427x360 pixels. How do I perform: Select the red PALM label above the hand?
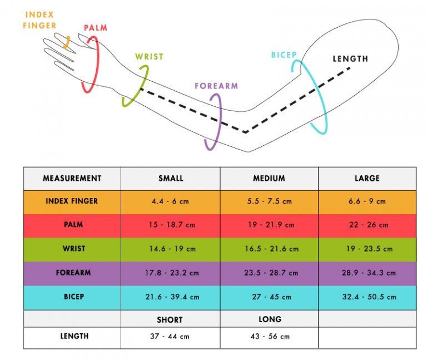click(x=95, y=28)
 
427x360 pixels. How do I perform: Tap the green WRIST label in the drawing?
click(x=149, y=57)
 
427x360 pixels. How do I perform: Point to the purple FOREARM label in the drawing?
click(x=216, y=86)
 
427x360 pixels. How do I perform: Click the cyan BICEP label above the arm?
click(x=284, y=55)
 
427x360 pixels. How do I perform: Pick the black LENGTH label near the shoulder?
click(x=350, y=59)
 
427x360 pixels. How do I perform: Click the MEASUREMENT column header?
click(x=72, y=179)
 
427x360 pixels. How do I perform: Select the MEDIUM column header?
click(x=269, y=179)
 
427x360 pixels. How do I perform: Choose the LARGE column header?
click(x=367, y=179)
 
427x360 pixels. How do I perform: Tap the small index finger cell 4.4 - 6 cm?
click(x=171, y=201)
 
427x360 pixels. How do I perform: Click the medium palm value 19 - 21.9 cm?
click(x=269, y=225)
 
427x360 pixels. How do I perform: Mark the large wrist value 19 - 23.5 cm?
click(x=367, y=249)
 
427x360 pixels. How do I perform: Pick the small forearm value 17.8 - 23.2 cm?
click(x=171, y=273)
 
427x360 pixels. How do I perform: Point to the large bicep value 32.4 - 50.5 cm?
click(x=367, y=297)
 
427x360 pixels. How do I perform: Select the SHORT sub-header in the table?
click(x=170, y=320)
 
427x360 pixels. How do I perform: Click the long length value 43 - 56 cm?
click(x=269, y=337)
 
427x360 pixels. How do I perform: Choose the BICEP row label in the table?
click(x=73, y=297)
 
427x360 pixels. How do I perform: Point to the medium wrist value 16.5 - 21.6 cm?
click(x=269, y=249)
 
